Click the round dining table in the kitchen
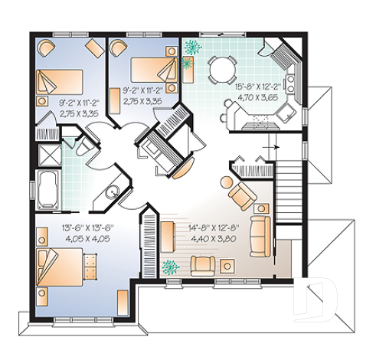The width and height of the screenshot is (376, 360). pyautogui.click(x=221, y=69)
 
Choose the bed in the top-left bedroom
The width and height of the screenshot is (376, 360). pyautogui.click(x=59, y=80)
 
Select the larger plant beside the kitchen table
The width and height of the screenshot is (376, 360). pyautogui.click(x=191, y=47)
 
